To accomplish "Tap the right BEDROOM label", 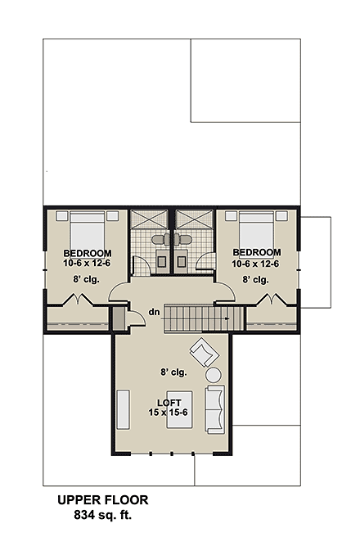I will tap(256, 252).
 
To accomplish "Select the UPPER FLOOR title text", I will tap(102, 500).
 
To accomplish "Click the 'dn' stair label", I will tap(153, 311).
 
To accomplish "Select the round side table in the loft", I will tap(214, 376).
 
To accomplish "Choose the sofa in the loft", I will tap(216, 409).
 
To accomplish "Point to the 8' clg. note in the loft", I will tap(173, 371).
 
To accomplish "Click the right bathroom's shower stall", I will tap(194, 221).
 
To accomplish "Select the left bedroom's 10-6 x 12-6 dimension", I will tap(86, 263).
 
